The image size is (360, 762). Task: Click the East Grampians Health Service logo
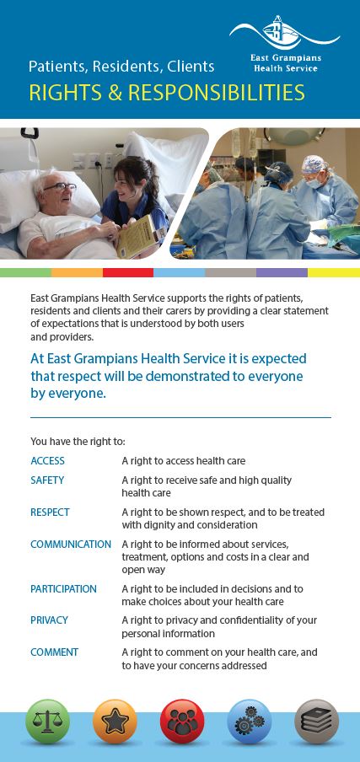(285, 44)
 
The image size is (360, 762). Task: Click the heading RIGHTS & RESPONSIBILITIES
(167, 93)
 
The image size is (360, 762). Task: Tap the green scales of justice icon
(47, 722)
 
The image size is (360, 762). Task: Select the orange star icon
(116, 722)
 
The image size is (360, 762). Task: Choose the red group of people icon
(182, 722)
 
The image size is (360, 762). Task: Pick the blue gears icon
(250, 722)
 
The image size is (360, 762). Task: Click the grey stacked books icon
(317, 722)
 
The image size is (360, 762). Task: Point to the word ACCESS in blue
(47, 461)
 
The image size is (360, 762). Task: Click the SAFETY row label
(47, 480)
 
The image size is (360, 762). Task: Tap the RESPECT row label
(50, 512)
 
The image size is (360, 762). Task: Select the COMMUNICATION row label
(71, 545)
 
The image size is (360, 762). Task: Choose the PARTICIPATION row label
(63, 589)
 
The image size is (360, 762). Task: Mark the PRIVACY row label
(49, 620)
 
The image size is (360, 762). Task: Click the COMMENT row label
(55, 652)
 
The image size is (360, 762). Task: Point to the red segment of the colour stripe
(128, 272)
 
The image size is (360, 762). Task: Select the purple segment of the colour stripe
(282, 272)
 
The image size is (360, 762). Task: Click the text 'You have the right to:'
(78, 442)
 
